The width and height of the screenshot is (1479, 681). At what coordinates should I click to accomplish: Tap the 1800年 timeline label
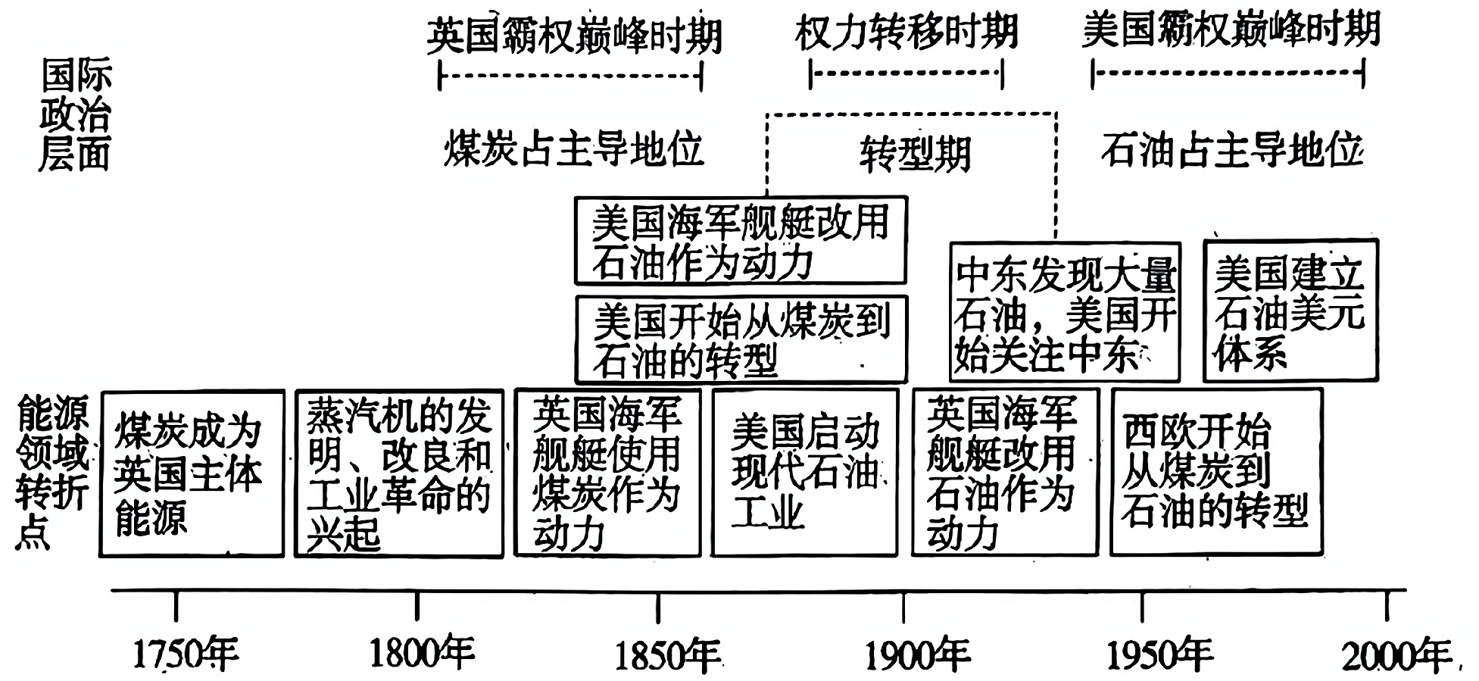421,654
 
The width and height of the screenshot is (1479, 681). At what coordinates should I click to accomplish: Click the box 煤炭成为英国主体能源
192,474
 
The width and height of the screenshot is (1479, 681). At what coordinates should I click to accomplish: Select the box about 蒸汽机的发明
398,474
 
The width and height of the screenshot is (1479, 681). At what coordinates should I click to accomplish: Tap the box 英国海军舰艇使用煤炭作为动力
607,473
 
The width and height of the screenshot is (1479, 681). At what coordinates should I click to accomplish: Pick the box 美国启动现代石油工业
804,473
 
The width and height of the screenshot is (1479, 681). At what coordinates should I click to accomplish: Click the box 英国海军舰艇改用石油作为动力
1004,473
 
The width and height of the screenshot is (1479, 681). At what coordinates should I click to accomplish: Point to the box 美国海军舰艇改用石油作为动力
740,241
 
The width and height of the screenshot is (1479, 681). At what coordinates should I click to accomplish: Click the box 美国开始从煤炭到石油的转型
741,339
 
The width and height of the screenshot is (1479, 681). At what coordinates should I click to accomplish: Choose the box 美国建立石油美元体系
1290,311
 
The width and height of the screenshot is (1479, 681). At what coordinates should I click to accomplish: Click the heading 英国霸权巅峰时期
574,35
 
